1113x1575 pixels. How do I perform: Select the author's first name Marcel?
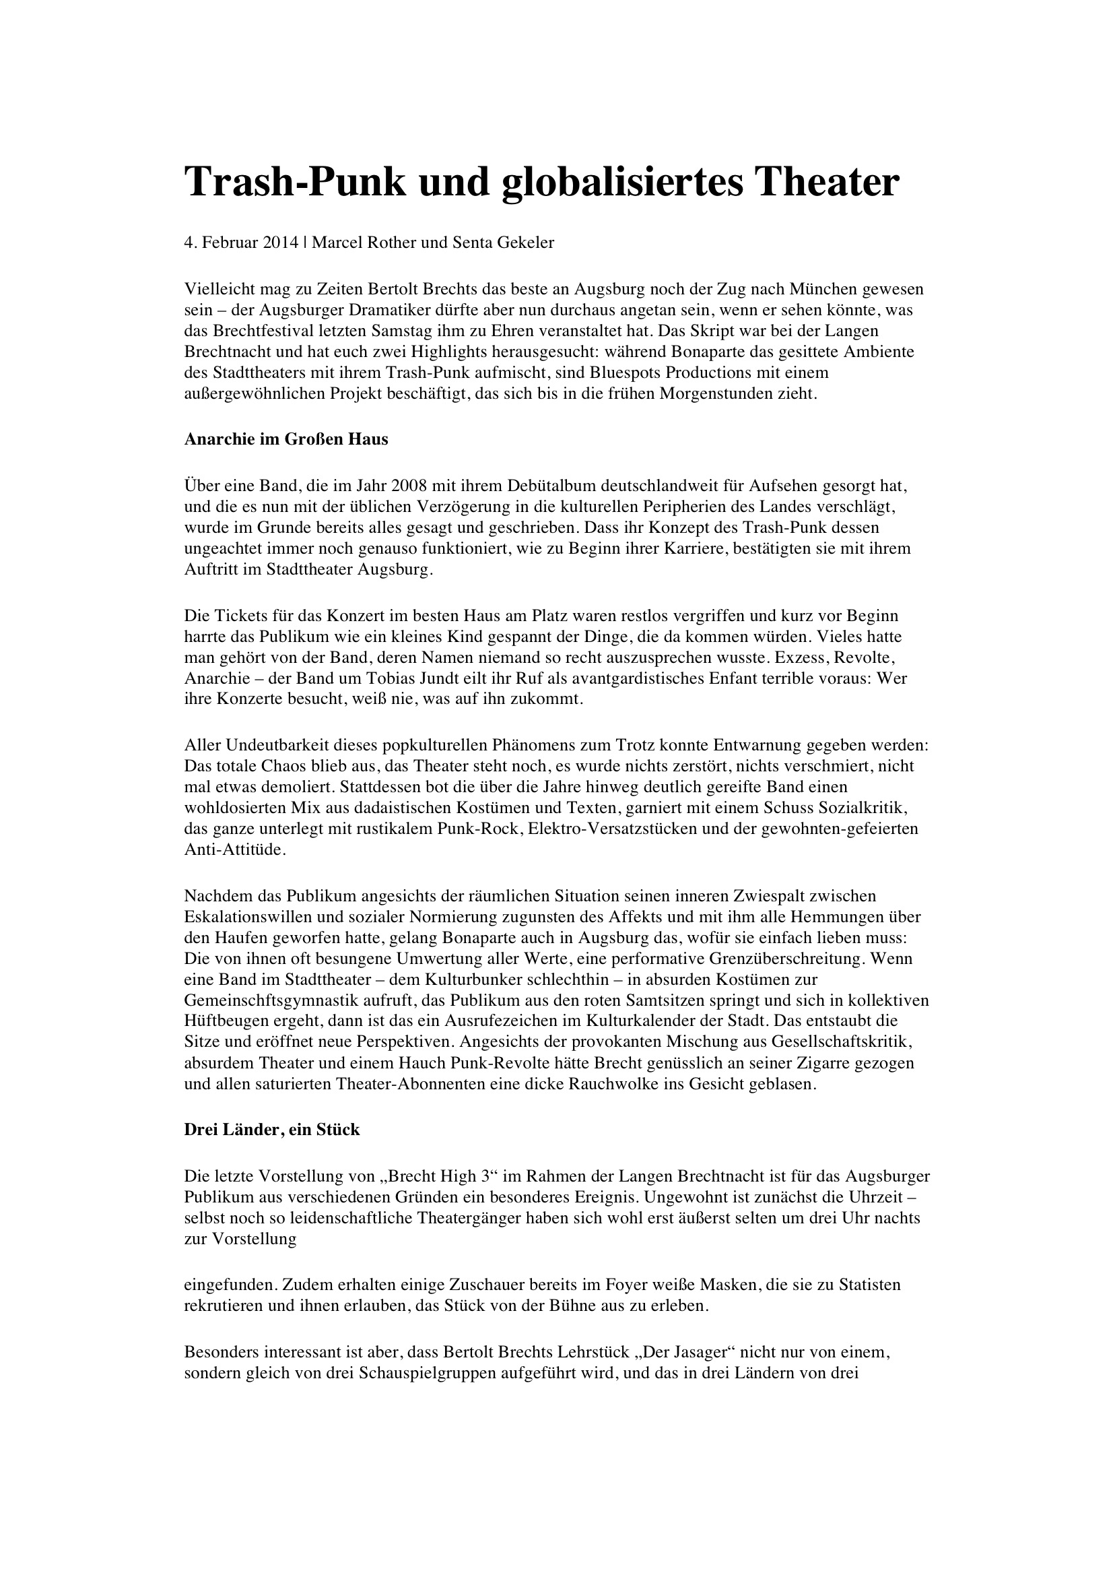pos(337,243)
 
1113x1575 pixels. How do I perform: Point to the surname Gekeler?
pos(527,243)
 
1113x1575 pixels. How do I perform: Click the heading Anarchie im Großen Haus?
pos(286,439)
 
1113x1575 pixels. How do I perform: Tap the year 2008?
pos(409,486)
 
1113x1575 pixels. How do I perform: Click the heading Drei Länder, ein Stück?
pos(271,1130)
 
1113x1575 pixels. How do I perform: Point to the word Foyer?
pos(581,1284)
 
